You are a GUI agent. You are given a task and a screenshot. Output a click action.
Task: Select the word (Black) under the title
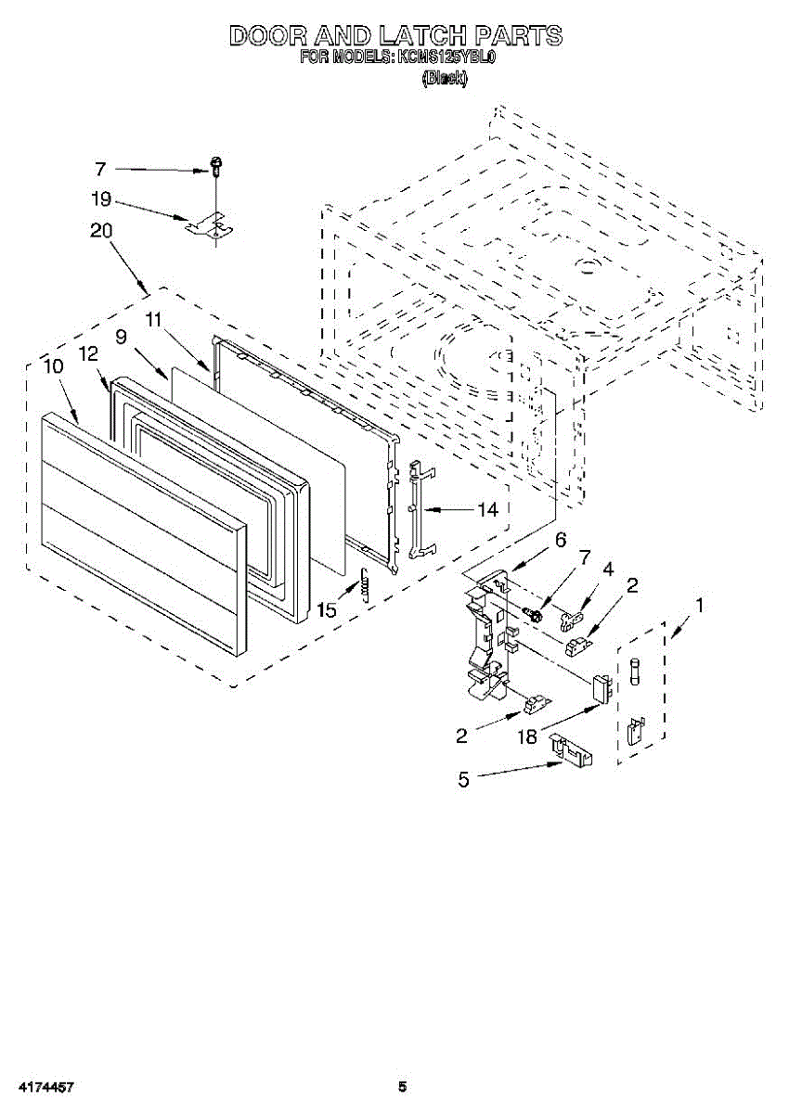[445, 80]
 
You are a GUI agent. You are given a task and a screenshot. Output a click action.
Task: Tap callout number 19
[101, 198]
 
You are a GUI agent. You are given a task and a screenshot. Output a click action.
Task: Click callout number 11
[154, 318]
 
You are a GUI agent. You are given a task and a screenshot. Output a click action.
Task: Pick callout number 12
[88, 353]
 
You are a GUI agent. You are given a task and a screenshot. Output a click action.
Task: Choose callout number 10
[53, 365]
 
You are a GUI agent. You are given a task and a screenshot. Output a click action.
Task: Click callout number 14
[487, 509]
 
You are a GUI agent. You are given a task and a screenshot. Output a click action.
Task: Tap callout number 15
[327, 610]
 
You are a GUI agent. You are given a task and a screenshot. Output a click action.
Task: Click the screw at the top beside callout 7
[215, 167]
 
